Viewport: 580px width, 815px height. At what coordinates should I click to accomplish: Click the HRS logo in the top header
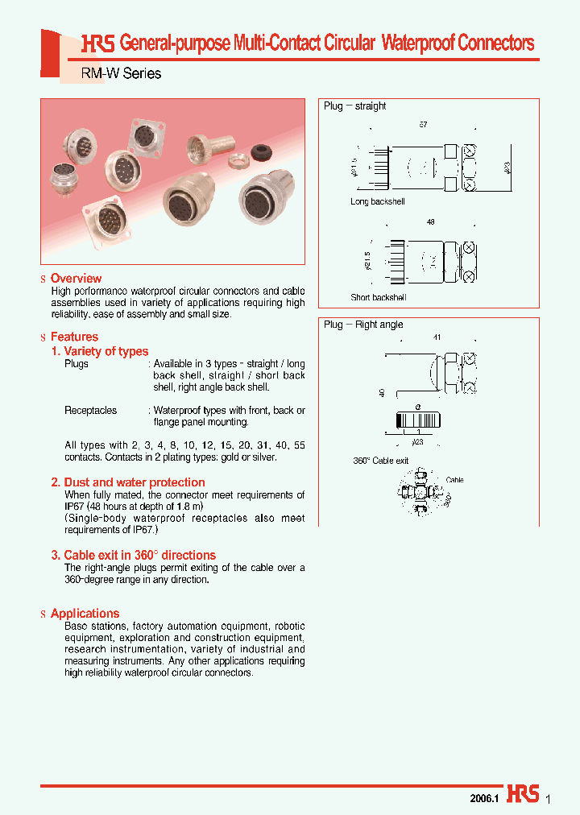point(98,44)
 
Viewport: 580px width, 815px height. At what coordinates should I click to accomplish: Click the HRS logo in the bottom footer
point(524,794)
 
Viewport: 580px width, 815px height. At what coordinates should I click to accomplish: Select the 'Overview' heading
point(76,279)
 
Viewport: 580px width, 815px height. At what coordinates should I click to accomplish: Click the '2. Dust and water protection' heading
point(128,482)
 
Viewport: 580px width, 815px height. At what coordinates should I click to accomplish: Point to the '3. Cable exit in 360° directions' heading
point(133,555)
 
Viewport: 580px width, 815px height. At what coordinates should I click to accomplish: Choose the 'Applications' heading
point(85,614)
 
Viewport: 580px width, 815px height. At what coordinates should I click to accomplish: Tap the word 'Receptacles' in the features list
point(90,410)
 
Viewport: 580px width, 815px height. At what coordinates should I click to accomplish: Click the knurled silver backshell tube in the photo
point(204,150)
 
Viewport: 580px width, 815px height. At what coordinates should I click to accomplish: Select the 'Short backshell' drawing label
point(379,297)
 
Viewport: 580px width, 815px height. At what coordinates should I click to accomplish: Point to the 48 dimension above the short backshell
point(430,222)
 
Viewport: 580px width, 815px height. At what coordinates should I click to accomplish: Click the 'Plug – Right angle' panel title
point(363,325)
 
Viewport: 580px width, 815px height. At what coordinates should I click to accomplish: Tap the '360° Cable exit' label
point(380,461)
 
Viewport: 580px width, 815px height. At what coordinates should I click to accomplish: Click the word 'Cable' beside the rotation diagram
point(454,480)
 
